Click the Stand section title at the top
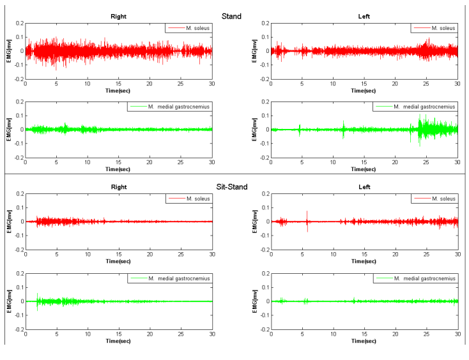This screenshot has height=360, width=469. (231, 16)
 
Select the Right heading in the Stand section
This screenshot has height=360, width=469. (118, 17)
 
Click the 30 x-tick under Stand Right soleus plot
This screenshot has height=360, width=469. (211, 84)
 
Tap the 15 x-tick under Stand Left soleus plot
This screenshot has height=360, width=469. (364, 84)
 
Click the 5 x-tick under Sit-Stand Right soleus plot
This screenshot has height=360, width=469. (56, 255)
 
